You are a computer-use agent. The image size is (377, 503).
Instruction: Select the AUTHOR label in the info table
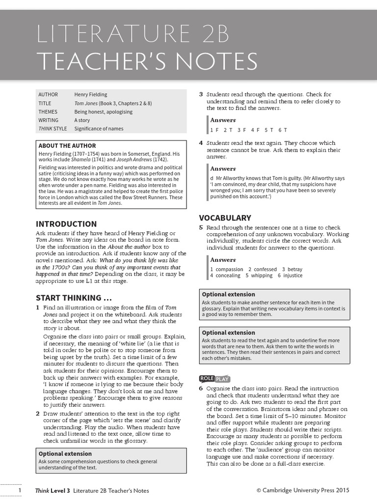[48, 94]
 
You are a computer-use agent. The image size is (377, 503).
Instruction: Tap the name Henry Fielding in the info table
[90, 94]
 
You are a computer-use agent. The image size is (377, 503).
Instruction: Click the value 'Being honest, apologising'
[103, 112]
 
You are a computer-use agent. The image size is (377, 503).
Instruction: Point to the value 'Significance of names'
[99, 129]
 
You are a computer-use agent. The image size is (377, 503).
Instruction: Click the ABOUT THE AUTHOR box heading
[67, 146]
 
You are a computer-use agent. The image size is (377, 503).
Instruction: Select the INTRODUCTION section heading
[66, 224]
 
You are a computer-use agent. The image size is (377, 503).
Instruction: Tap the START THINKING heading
[74, 298]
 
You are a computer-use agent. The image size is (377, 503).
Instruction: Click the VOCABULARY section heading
[225, 218]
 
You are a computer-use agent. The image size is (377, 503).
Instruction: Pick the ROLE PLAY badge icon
[214, 378]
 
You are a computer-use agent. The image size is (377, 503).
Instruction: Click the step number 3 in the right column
[201, 94]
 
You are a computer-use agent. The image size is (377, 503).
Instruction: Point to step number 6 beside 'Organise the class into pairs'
[201, 389]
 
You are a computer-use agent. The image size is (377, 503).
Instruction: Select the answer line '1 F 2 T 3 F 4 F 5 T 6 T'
[248, 130]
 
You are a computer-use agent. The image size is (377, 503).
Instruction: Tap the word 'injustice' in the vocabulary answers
[293, 276]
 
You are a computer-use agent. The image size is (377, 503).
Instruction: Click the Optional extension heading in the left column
[65, 454]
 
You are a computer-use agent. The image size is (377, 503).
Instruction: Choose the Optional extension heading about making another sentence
[228, 294]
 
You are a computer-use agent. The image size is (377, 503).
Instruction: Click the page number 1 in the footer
[20, 490]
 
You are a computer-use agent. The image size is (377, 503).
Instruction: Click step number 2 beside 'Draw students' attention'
[38, 414]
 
